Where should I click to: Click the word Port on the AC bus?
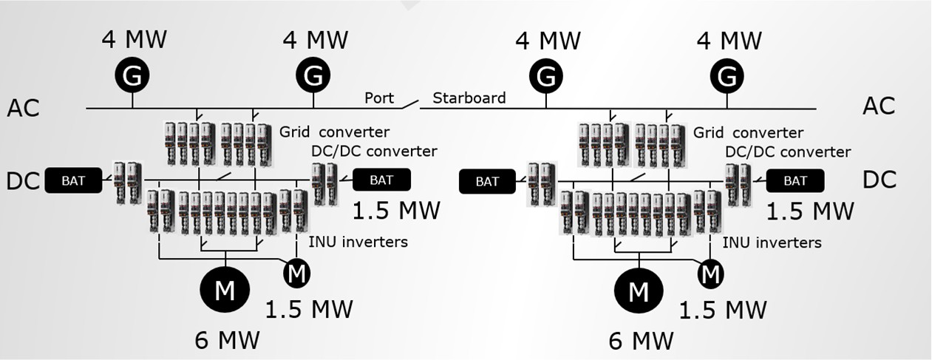[379, 98]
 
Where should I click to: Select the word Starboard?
[469, 98]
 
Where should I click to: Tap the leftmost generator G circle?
[132, 75]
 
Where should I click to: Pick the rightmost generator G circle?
[729, 75]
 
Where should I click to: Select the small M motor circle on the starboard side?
[710, 274]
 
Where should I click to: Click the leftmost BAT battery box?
[74, 180]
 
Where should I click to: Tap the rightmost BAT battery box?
[795, 180]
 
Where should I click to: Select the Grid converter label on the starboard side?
[748, 132]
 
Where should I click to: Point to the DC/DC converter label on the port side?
[374, 151]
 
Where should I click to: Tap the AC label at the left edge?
[23, 107]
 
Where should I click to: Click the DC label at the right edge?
[879, 180]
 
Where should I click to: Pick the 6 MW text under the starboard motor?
[641, 340]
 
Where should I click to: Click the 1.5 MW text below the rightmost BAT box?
[809, 211]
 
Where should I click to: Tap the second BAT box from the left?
[381, 180]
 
